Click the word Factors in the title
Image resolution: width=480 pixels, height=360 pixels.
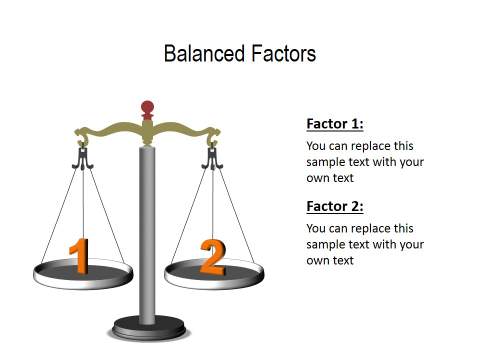pyautogui.click(x=280, y=53)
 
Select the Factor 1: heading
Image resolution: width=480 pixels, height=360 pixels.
pyautogui.click(x=334, y=124)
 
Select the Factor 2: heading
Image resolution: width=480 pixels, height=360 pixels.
pyautogui.click(x=334, y=207)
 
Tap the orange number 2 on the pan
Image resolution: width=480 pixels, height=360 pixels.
pyautogui.click(x=212, y=257)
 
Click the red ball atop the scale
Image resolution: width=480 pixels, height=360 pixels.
pyautogui.click(x=148, y=107)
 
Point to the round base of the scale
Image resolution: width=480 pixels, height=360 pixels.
pyautogui.click(x=148, y=326)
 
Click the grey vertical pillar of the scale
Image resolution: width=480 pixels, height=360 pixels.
pyautogui.click(x=148, y=230)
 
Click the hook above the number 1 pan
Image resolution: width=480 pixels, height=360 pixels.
pyautogui.click(x=81, y=155)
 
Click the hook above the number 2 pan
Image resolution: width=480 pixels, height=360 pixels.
pyautogui.click(x=212, y=155)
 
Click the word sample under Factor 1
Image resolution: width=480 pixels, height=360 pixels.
pyautogui.click(x=325, y=162)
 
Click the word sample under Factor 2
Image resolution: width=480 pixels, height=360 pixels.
pyautogui.click(x=325, y=245)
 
